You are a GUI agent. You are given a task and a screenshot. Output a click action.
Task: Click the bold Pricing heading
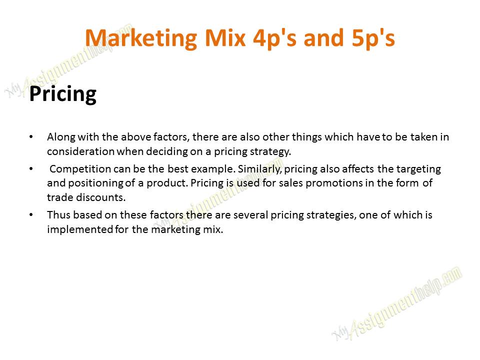coord(62,94)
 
